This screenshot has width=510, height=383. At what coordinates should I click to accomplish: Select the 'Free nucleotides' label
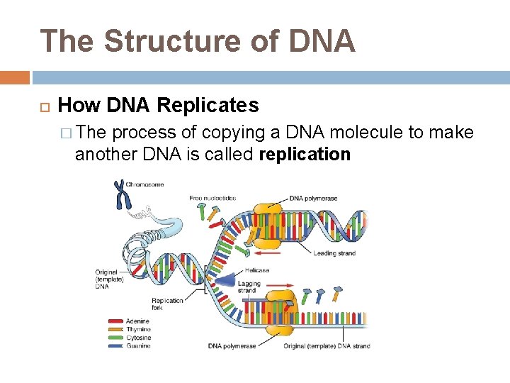212,198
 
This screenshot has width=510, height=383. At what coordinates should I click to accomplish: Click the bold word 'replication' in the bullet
305,154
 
